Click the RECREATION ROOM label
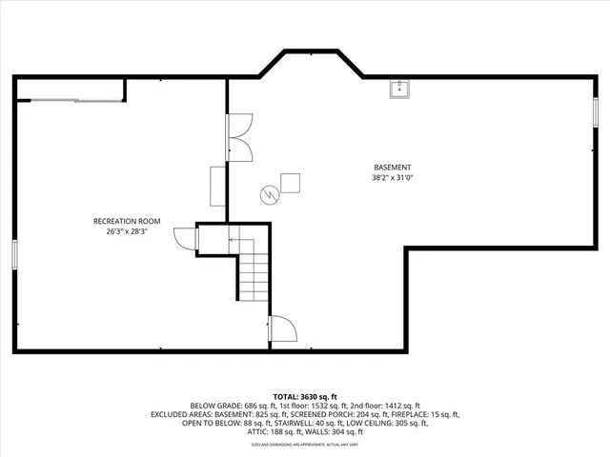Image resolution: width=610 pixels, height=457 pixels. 127,221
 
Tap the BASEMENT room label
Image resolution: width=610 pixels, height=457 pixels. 394,167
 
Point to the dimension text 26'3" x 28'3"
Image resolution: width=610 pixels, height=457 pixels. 127,230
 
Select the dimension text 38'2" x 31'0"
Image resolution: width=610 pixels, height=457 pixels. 394,177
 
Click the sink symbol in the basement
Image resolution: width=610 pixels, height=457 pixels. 399,89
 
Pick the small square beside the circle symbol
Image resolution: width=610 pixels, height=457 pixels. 290,183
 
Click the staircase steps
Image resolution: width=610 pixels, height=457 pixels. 254,277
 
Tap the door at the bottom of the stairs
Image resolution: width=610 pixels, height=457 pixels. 281,329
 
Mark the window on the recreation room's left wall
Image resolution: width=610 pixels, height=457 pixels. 14,254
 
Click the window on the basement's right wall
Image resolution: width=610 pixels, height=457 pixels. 596,112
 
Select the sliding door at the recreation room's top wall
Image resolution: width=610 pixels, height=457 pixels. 71,98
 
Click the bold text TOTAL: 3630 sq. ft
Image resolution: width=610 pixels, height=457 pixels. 304,396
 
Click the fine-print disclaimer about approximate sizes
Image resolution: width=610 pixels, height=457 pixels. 304,443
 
